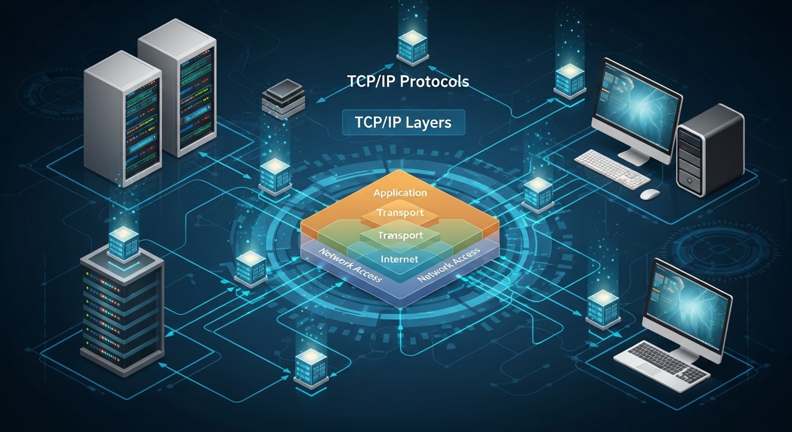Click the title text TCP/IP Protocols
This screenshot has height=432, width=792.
click(x=408, y=82)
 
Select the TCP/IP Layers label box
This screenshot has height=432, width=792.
click(x=403, y=122)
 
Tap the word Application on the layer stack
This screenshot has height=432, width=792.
click(x=400, y=193)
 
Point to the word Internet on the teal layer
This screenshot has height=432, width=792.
click(x=399, y=259)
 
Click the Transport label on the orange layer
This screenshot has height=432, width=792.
click(x=400, y=213)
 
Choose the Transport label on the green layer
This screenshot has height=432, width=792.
click(x=400, y=236)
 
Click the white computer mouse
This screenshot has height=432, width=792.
click(x=650, y=193)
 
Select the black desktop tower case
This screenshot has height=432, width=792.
click(x=710, y=150)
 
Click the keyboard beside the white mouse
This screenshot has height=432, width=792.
click(x=612, y=168)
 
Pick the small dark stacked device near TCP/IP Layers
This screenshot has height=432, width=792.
click(x=283, y=99)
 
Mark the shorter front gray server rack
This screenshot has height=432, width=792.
click(x=123, y=119)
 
